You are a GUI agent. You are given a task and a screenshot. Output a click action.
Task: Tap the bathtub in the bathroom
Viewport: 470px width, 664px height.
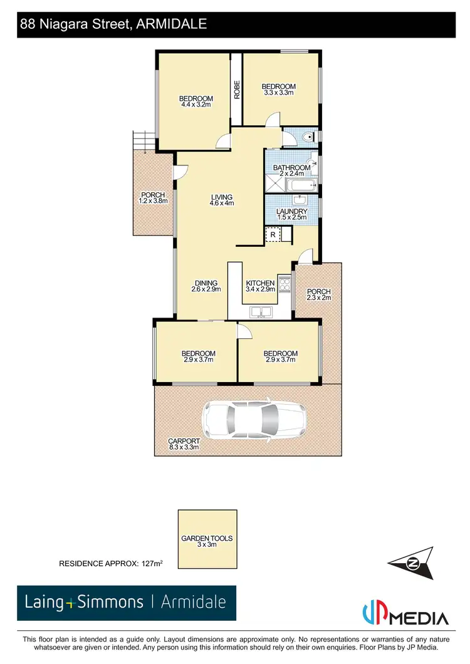[x=301, y=185]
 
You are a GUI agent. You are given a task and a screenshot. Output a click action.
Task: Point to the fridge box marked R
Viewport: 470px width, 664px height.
[x=273, y=235]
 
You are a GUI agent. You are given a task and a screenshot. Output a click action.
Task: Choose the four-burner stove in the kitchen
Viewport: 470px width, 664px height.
[x=285, y=284]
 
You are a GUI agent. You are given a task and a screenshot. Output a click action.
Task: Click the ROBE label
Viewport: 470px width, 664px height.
[x=237, y=89]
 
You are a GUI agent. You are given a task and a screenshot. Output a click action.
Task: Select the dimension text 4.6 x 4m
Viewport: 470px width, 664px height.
[x=222, y=203]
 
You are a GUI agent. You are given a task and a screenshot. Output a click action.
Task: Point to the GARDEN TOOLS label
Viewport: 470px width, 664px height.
[x=207, y=538]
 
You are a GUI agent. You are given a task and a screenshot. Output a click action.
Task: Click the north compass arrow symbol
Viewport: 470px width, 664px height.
[x=410, y=561]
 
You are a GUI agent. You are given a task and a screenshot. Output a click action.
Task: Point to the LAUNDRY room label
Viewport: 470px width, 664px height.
[x=293, y=212]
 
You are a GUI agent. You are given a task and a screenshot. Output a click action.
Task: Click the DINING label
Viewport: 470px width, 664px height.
[x=206, y=283]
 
